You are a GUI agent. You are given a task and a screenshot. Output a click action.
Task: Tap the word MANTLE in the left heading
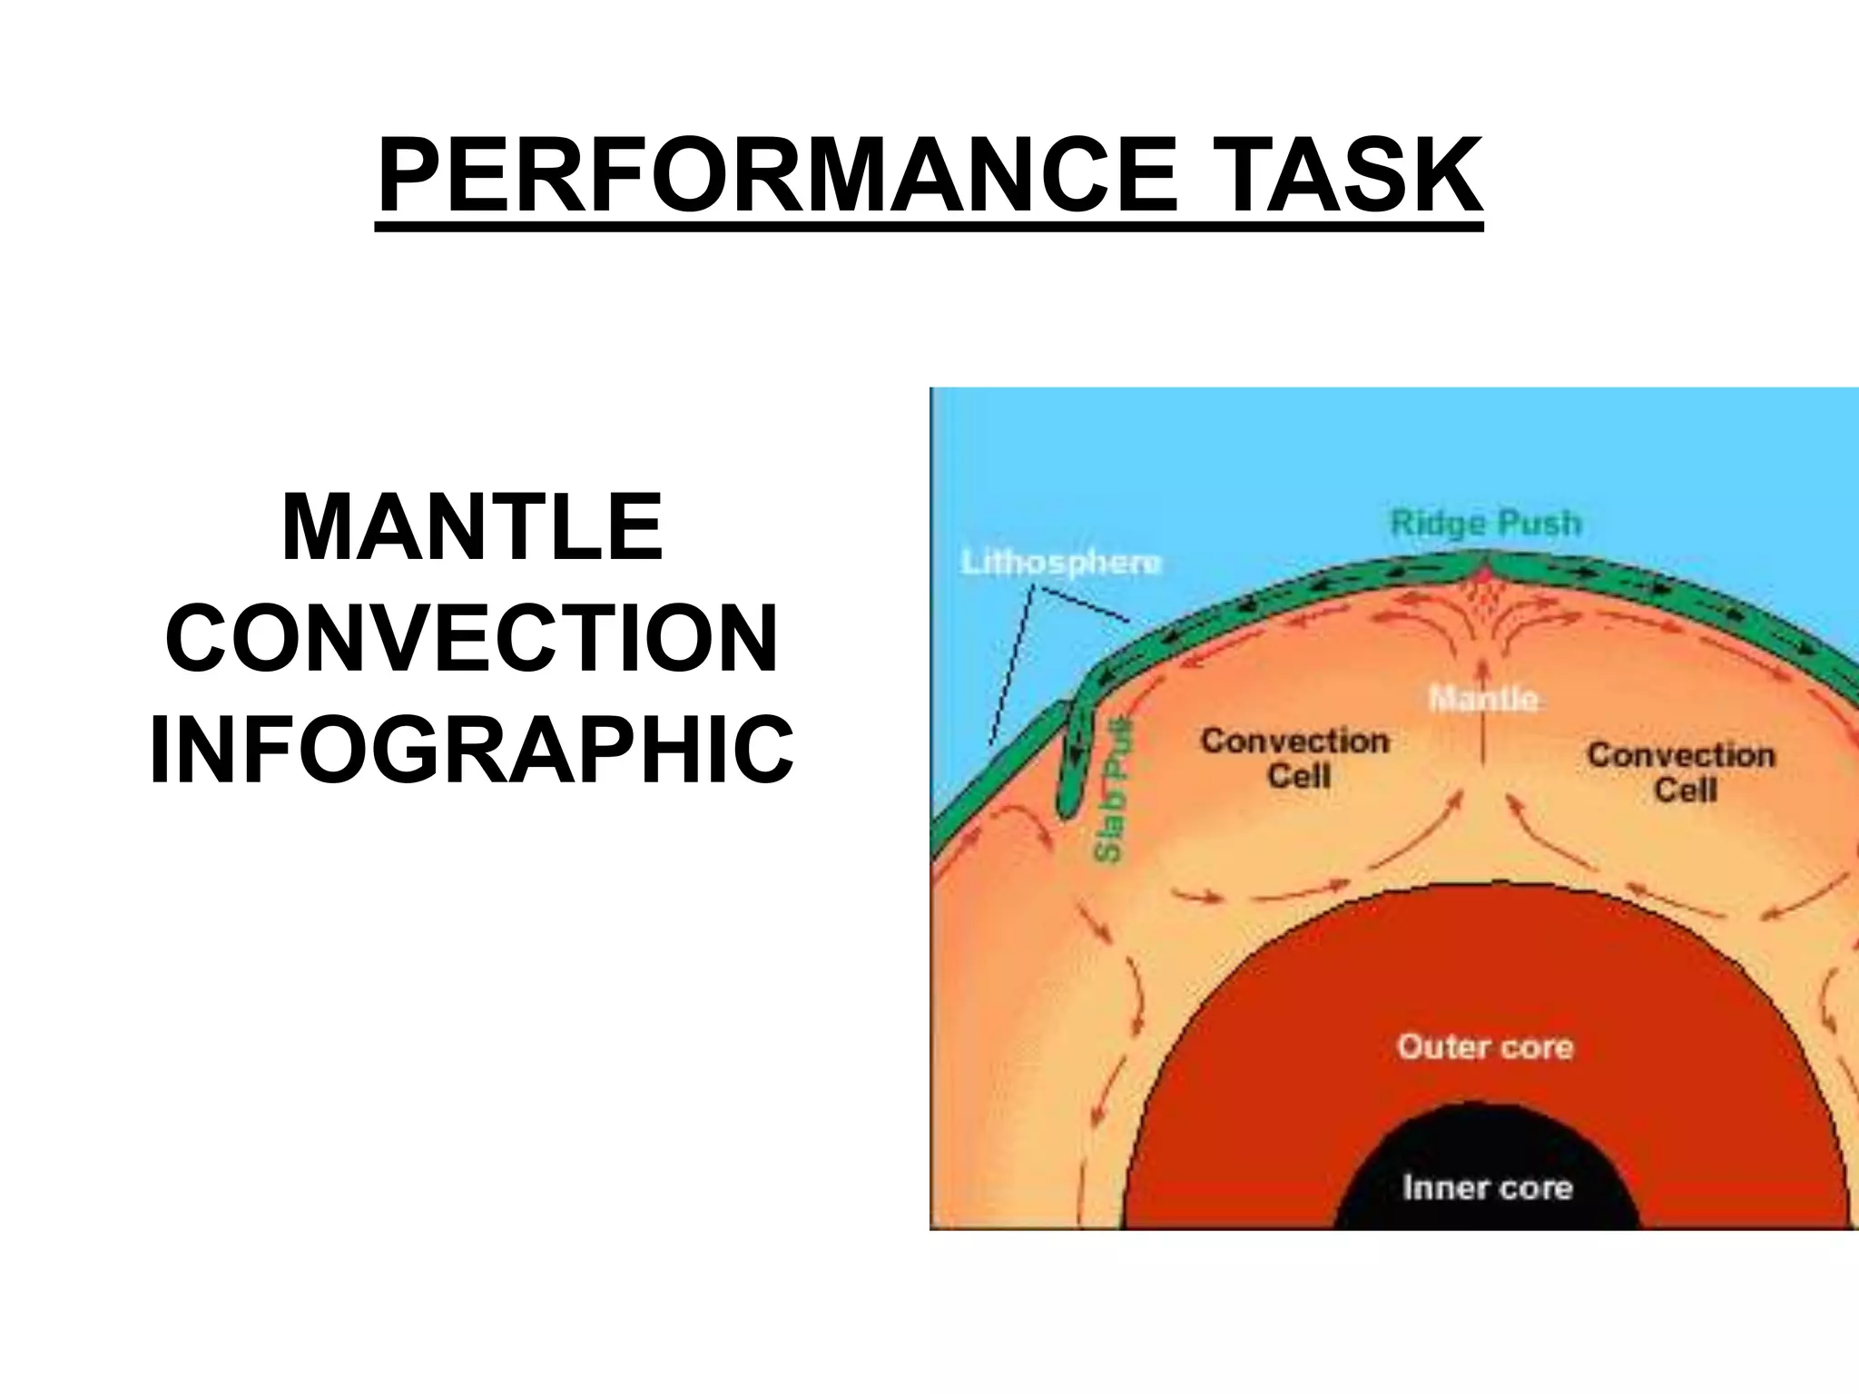coord(473,527)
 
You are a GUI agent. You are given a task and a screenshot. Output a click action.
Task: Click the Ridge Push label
coord(1485,524)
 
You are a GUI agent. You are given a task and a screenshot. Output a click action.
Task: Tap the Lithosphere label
coord(1060,563)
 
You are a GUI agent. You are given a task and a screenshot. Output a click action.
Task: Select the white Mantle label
coord(1483,699)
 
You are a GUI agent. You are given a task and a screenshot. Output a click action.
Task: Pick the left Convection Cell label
coord(1295,758)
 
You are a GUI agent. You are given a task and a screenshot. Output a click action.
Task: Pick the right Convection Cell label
coord(1681,771)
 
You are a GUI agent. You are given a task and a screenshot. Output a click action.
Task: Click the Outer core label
coord(1485,1046)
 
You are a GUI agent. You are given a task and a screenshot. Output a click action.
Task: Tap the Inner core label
coord(1487,1187)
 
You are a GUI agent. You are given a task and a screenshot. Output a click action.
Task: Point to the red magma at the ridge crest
coord(1483,574)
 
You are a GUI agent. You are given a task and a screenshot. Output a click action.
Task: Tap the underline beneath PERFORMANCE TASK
coord(929,228)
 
